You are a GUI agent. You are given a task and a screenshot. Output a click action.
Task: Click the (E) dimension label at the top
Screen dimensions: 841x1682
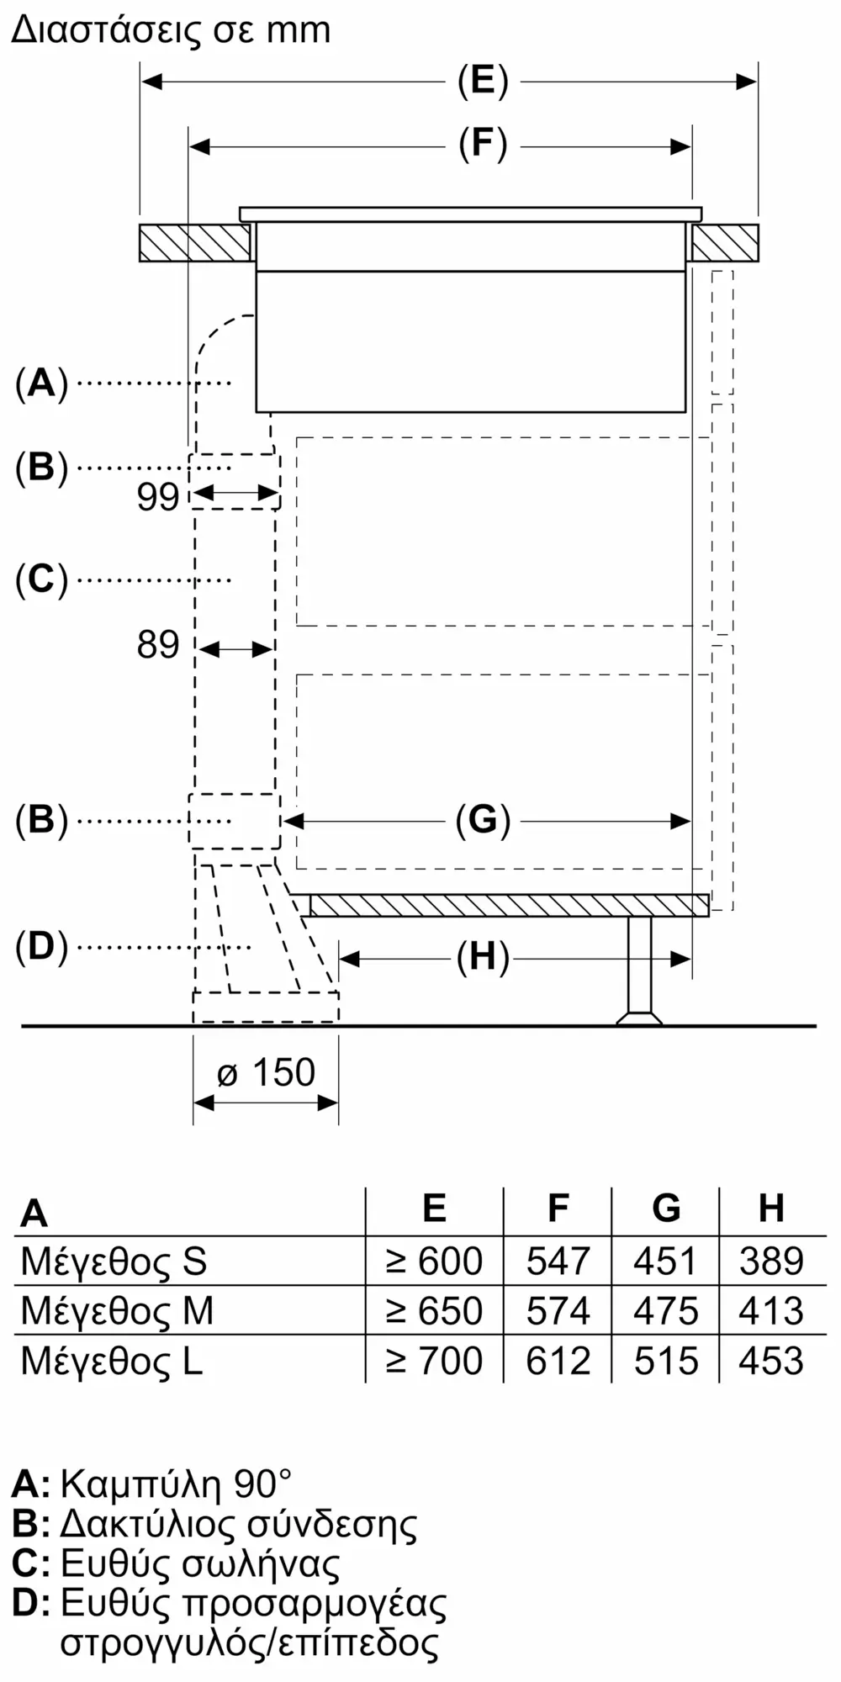483,82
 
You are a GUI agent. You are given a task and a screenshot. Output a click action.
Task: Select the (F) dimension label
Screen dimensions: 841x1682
483,145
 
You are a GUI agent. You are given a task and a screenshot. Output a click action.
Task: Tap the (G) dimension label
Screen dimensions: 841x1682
483,820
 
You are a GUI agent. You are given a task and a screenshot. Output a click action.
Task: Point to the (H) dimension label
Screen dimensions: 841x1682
483,957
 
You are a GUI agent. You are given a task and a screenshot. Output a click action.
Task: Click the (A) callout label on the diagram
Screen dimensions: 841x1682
41,383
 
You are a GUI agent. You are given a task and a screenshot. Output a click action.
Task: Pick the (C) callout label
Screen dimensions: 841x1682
41,579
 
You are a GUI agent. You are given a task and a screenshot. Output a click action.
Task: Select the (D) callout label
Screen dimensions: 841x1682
41,947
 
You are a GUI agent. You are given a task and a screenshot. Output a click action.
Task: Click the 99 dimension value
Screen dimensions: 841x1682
158,497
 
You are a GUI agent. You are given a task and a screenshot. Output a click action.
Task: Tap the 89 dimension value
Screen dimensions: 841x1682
158,645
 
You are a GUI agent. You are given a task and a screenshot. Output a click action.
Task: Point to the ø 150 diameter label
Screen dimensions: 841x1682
266,1073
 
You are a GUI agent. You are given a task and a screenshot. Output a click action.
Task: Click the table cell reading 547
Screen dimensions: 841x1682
558,1261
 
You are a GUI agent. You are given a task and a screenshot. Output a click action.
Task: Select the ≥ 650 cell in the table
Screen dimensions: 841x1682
434,1311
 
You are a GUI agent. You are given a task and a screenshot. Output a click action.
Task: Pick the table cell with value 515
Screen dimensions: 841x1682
666,1361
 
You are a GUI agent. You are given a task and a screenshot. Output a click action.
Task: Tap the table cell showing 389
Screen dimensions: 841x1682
772,1261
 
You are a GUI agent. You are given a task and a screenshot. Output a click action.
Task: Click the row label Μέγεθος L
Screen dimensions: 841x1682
112,1361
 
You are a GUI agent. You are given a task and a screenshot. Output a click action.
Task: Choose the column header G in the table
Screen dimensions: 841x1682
666,1208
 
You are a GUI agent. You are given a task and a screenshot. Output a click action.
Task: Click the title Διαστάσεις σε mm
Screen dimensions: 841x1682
172,30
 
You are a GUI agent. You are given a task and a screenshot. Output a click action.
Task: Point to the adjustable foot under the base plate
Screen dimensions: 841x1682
639,971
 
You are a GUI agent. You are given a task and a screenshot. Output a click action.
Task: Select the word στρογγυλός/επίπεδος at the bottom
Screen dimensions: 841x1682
250,1643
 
